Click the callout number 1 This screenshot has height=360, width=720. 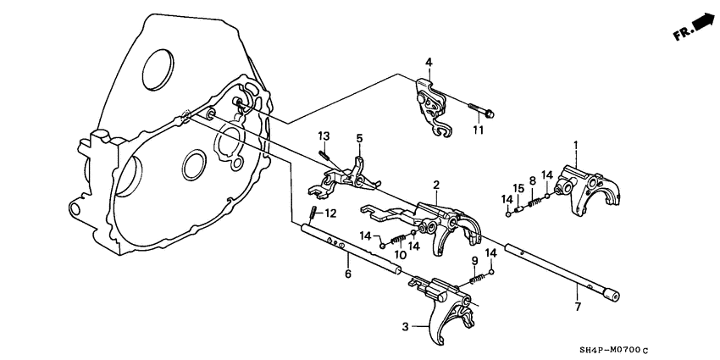(x=576, y=146)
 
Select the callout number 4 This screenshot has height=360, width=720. (x=429, y=62)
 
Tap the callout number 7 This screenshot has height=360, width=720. (x=578, y=306)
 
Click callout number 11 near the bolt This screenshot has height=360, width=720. (x=478, y=130)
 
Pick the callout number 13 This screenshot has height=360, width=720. (x=323, y=136)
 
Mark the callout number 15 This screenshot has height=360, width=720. (x=516, y=187)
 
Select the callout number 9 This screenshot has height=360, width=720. (x=474, y=260)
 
